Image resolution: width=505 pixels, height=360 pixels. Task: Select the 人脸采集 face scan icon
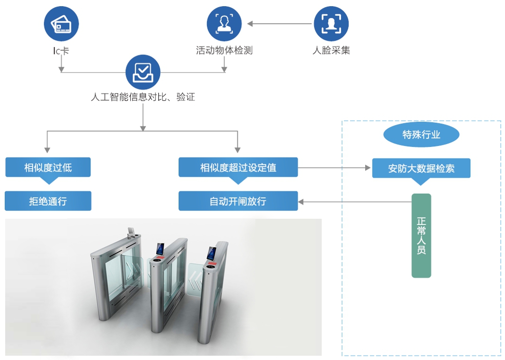coord(331,24)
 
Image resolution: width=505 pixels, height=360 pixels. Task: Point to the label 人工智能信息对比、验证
coord(143,98)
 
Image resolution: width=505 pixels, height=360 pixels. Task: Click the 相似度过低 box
coord(48,167)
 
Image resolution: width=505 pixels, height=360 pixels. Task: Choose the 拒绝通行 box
coord(48,201)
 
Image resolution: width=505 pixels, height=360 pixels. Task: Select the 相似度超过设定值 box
coord(238,167)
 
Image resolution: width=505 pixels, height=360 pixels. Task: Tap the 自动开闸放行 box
coord(238,201)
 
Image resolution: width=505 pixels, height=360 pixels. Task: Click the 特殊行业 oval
coord(421,135)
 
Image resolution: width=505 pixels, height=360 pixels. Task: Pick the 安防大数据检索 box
coord(421,169)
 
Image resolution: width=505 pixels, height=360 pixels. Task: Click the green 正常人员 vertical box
coord(421,235)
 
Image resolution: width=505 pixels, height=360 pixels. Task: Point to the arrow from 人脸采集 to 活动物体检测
coord(280,24)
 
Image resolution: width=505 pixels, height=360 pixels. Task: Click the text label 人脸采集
coord(331,50)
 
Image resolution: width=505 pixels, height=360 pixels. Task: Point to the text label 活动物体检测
coord(224,50)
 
